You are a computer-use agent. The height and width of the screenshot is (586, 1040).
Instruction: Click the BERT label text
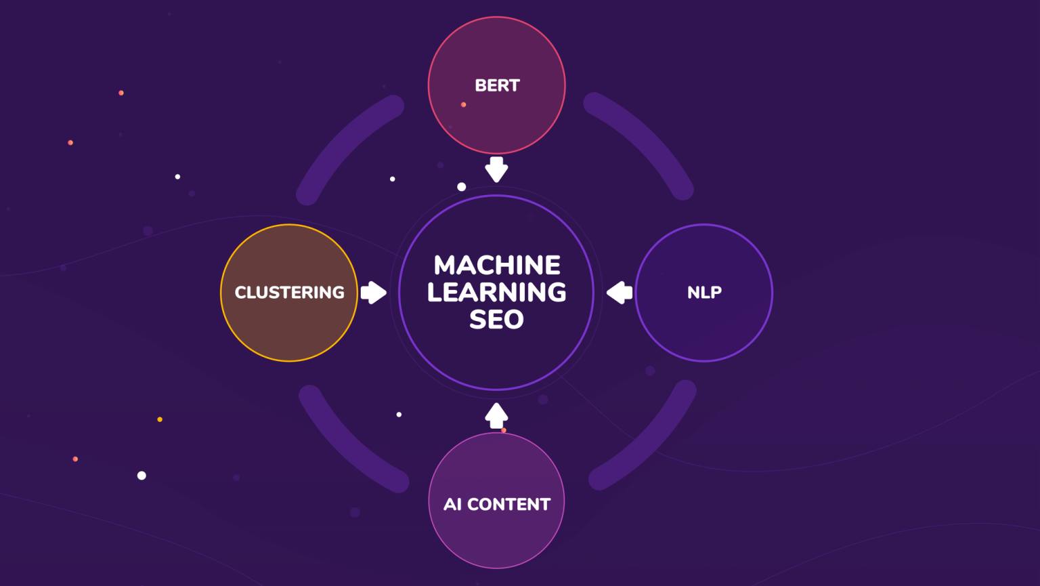coord(497,85)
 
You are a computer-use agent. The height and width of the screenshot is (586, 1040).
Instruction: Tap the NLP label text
coord(704,293)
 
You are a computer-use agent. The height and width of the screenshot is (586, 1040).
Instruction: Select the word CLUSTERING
coord(289,293)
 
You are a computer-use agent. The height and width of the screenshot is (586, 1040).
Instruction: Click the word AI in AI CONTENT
coord(452,505)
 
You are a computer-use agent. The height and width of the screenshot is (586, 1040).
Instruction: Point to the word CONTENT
coord(508,505)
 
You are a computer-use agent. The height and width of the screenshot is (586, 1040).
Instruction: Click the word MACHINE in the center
coord(497,265)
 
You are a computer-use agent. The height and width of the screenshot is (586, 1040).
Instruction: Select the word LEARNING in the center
coord(496,292)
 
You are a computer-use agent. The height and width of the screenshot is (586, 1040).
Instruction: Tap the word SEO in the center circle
coord(496,320)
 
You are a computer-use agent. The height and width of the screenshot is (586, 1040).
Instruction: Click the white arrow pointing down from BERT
coord(496,169)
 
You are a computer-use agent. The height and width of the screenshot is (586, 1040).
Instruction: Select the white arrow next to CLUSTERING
coord(373,293)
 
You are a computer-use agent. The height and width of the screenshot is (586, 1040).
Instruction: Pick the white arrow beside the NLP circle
coord(620,293)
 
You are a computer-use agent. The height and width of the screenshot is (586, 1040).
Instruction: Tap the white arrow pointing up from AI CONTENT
coord(496,415)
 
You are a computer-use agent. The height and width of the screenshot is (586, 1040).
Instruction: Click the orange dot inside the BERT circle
coord(463,104)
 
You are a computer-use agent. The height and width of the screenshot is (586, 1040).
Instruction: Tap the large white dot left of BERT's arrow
coord(461,186)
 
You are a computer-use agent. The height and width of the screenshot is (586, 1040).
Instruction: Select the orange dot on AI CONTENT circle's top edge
coord(504,430)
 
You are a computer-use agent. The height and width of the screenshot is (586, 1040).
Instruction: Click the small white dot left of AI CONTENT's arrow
coord(399,414)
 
